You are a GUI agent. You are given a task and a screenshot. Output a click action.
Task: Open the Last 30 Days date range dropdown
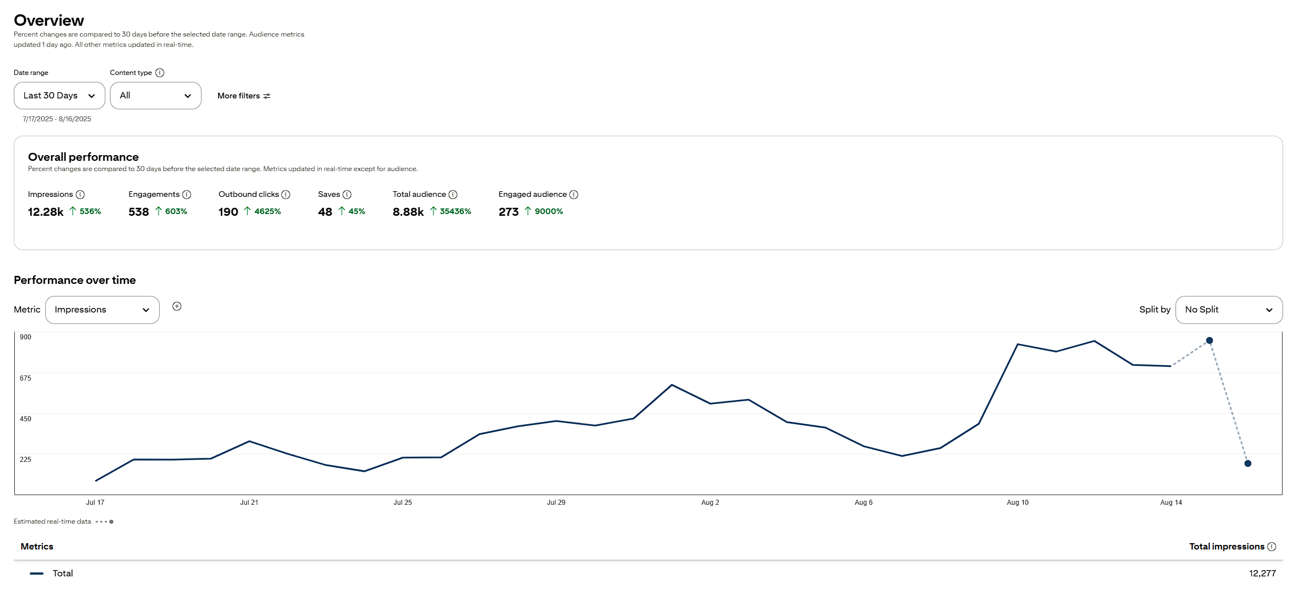coord(59,96)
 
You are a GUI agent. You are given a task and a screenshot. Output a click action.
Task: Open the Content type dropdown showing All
coord(155,96)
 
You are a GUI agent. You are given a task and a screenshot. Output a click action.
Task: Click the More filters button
coord(244,96)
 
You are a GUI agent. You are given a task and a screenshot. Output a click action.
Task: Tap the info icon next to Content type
coord(160,73)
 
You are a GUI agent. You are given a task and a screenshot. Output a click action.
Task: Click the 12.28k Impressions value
coord(46,212)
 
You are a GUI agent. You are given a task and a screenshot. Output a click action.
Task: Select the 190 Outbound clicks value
coord(228,212)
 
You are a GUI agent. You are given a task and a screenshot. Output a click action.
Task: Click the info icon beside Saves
coord(347,195)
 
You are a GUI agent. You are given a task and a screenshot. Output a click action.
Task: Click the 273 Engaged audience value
coord(508,212)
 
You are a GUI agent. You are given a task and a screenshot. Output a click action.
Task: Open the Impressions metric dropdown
coord(102,310)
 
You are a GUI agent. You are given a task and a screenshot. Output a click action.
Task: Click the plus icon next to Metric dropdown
coord(177,306)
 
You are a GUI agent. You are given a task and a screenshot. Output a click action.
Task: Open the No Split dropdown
coord(1229,310)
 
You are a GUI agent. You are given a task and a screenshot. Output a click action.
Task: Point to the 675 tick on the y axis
coord(26,378)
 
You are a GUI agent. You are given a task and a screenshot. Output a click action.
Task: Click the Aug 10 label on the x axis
coord(1017,503)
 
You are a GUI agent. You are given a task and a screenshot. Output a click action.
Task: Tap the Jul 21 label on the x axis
coord(249,503)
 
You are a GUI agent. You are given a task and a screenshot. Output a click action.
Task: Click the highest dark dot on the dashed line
coord(1209,341)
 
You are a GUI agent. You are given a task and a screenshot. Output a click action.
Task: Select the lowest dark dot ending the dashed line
coord(1248,464)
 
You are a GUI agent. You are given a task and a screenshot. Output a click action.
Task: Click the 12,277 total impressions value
coord(1263,574)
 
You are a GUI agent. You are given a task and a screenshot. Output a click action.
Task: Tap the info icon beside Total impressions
coord(1272,547)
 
